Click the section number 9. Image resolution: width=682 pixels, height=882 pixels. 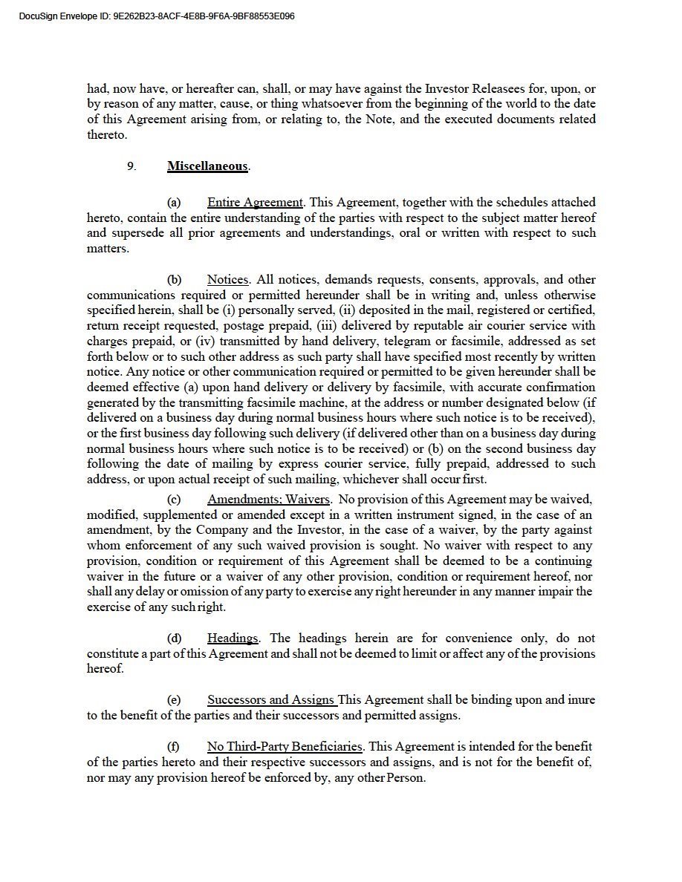(131, 166)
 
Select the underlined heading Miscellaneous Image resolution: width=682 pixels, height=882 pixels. (207, 166)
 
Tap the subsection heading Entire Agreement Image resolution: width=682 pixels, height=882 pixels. (255, 202)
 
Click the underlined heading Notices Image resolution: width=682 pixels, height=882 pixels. (227, 280)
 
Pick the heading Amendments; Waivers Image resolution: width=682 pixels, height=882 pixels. (268, 499)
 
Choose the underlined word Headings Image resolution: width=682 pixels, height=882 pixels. (233, 638)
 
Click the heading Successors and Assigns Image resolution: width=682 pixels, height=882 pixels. (271, 699)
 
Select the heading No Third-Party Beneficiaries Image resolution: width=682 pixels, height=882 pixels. (285, 746)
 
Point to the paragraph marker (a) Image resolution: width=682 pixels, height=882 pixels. (174, 202)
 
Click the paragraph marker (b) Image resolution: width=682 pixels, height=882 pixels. (174, 280)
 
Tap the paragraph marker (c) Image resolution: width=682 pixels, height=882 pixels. (174, 499)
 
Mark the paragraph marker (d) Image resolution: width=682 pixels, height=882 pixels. (174, 638)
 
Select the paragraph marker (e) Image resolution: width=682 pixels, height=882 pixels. (174, 699)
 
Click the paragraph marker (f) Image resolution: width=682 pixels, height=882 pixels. (173, 746)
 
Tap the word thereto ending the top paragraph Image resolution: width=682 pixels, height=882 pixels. (106, 135)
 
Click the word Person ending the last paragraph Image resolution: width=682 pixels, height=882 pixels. (407, 777)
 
